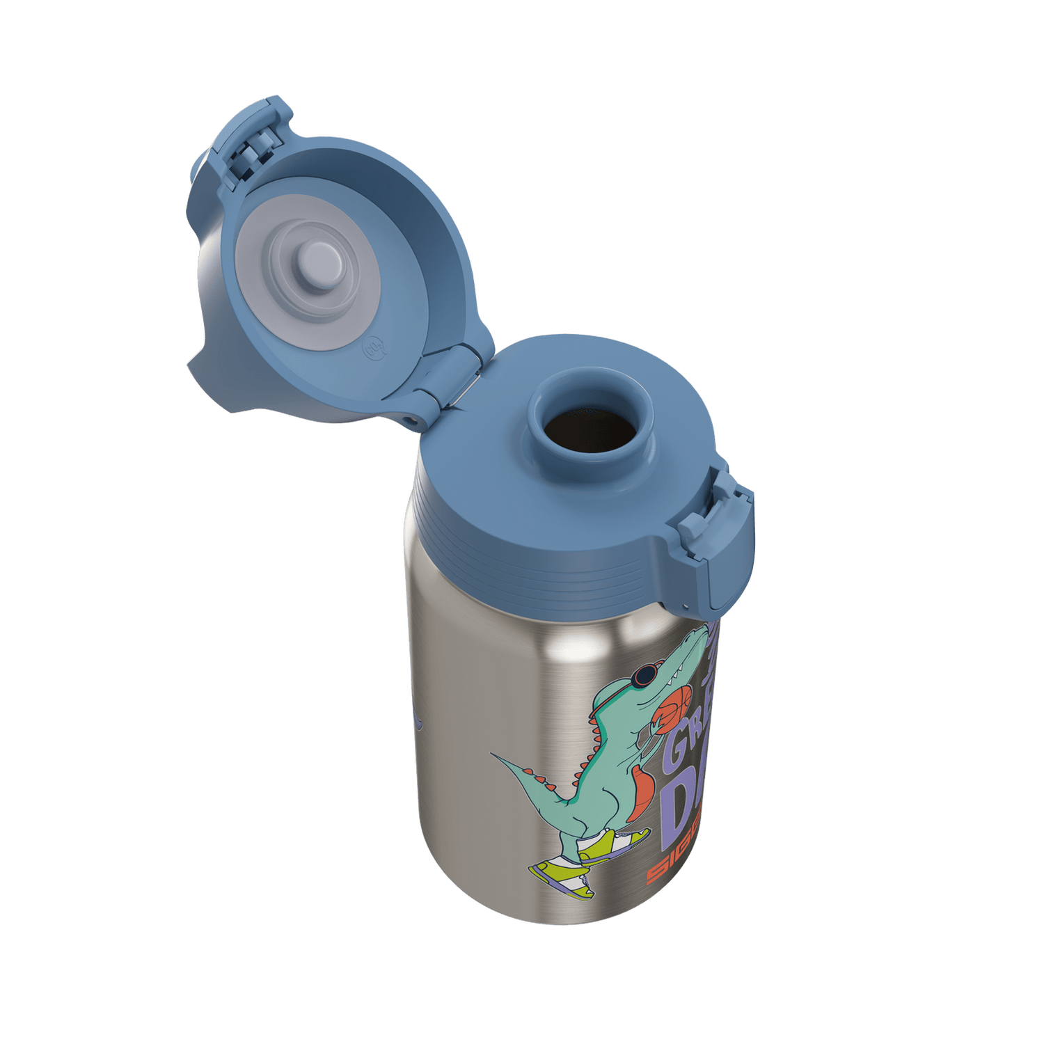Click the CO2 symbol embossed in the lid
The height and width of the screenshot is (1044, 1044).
pos(371,346)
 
